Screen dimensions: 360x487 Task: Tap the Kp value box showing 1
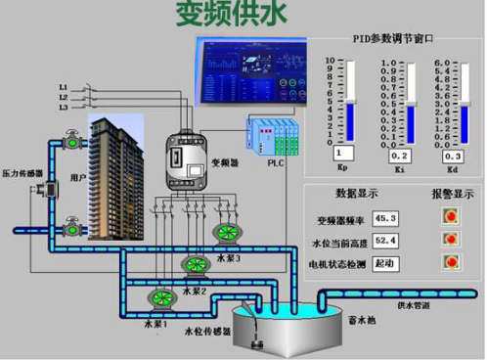point(342,154)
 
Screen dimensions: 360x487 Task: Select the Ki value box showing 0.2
point(398,156)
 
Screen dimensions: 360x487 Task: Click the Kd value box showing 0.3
point(451,156)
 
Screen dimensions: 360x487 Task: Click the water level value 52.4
point(384,241)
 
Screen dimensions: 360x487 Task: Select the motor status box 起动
point(384,263)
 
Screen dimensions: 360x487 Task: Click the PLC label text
point(276,165)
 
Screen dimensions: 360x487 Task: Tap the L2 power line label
point(64,97)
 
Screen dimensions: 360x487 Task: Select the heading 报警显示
point(452,194)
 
